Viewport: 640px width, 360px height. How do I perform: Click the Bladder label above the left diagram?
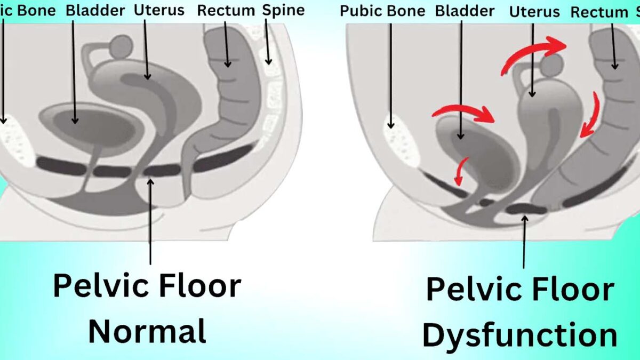coord(95,10)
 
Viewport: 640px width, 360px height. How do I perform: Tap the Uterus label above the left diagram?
coord(159,10)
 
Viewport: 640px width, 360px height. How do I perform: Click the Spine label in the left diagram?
coord(284,10)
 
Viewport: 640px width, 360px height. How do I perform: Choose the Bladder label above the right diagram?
coord(465,11)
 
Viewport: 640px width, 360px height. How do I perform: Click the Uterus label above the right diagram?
coord(535,12)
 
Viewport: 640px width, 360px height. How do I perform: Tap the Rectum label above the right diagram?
coord(599,13)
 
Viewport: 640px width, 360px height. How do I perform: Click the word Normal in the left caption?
coord(147,331)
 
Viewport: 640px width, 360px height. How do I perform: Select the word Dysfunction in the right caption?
coord(519,335)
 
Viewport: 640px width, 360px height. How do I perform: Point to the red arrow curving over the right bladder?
coord(464,111)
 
